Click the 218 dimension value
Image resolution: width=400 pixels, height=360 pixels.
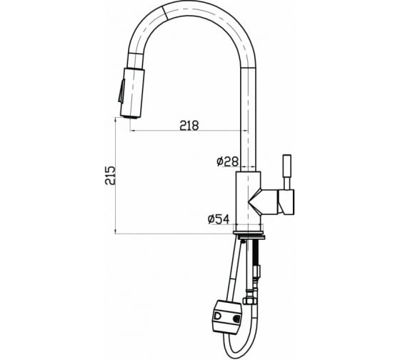(189, 125)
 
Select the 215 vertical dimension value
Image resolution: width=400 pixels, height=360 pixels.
(111, 176)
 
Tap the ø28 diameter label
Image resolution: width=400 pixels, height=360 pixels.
(228, 161)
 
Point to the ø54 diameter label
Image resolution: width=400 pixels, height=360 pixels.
(219, 219)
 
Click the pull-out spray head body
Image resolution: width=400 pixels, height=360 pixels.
(132, 93)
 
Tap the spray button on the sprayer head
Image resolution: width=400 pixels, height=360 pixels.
(121, 91)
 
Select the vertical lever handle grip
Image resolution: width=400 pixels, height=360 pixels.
(287, 165)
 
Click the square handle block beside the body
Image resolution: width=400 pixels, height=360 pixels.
(286, 202)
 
